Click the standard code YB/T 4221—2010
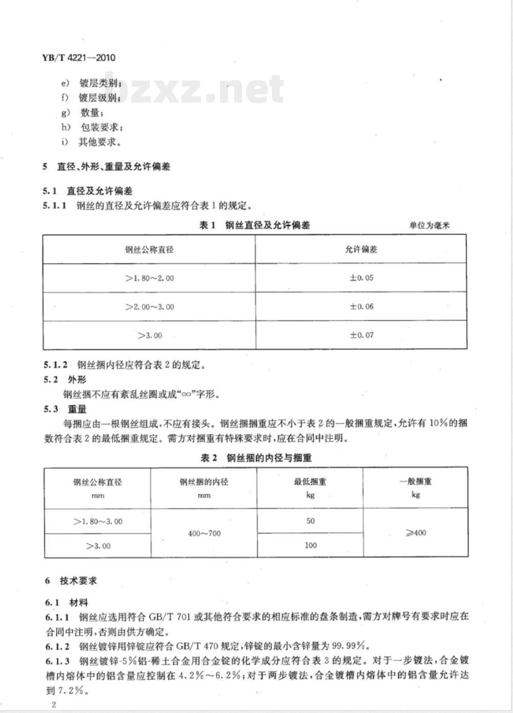point(77,57)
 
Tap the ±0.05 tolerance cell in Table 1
point(362,278)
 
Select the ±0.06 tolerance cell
point(362,307)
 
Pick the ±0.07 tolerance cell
point(362,335)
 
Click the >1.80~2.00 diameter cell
point(149,278)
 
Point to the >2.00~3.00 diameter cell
point(149,307)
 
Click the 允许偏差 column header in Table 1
point(362,249)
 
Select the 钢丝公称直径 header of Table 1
point(149,249)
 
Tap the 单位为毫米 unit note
point(429,225)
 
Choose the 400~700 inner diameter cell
point(204,533)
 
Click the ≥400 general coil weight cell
point(416,532)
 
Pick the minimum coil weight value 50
point(310,521)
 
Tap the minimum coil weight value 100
point(310,545)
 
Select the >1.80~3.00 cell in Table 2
point(98,522)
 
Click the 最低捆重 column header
point(310,482)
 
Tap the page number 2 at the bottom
point(53,704)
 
